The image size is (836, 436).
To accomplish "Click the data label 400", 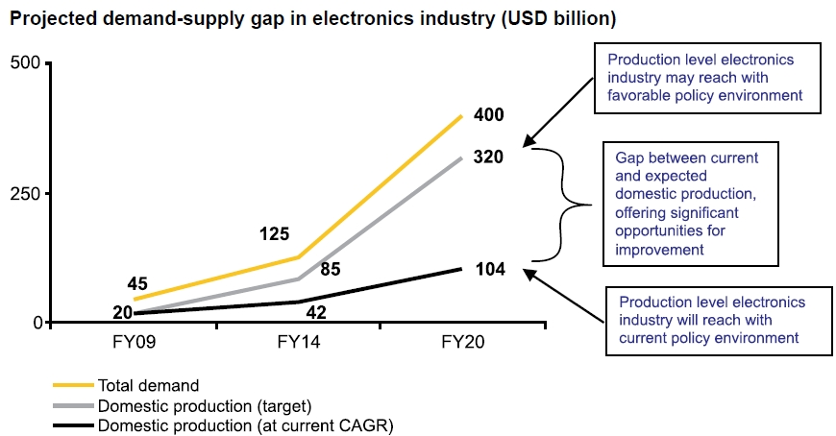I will [488, 115].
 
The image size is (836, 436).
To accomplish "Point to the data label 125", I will [275, 233].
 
